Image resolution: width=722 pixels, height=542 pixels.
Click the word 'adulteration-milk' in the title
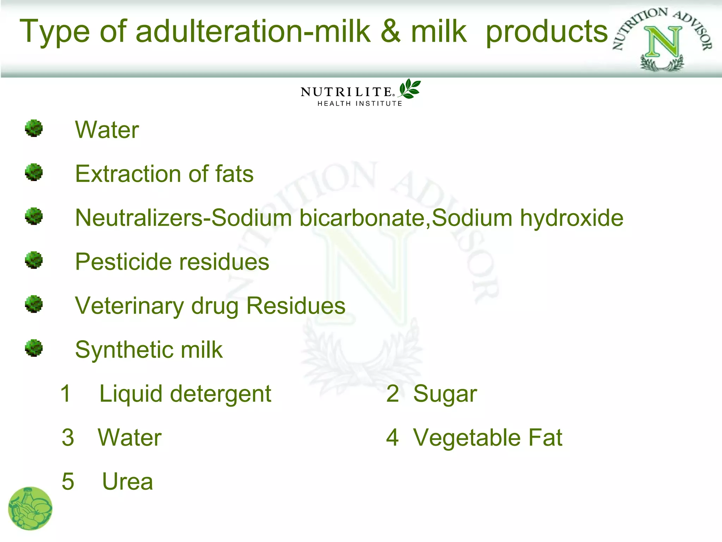click(253, 32)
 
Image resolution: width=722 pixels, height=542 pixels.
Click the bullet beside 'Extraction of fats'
click(34, 173)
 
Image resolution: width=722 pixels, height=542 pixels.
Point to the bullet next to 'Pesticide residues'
click(34, 260)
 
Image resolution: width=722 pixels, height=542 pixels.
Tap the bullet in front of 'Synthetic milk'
click(34, 348)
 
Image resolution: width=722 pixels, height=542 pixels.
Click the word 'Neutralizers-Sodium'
click(183, 218)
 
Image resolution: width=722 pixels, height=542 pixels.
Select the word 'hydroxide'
click(571, 218)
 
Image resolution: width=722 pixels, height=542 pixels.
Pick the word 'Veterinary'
click(129, 306)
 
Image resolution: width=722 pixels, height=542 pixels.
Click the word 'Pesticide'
click(124, 262)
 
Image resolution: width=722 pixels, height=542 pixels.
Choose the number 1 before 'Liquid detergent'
click(66, 393)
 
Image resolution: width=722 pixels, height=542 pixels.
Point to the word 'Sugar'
click(445, 394)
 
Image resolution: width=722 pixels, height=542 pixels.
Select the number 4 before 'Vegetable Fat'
click(392, 438)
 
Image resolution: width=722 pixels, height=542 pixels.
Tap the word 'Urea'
click(128, 482)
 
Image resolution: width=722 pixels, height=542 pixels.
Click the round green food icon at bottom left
click(30, 508)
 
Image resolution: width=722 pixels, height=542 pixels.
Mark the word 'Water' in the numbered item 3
click(130, 438)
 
